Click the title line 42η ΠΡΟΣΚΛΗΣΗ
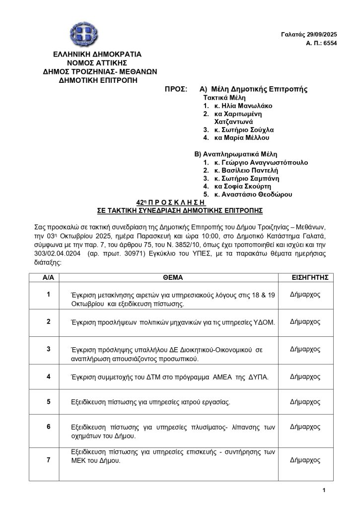[171, 202]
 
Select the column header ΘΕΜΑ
[172, 277]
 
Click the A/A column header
[48, 277]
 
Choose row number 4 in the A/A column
[48, 376]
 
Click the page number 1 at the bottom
[323, 491]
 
